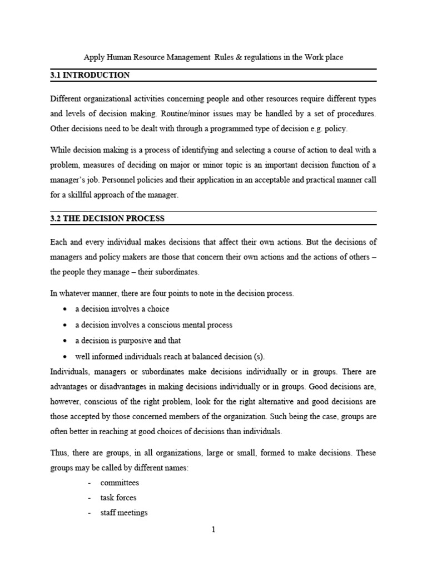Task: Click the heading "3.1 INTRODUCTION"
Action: [x=90, y=75]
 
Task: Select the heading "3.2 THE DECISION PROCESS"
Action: [x=107, y=218]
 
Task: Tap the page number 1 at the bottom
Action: [x=213, y=529]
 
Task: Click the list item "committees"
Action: [x=120, y=483]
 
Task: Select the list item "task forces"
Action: [x=118, y=498]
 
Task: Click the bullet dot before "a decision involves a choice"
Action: [x=66, y=309]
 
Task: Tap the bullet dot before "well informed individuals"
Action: [x=66, y=357]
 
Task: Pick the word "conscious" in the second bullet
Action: [x=157, y=325]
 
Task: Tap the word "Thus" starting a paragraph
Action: [x=59, y=454]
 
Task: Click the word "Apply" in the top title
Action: [x=93, y=57]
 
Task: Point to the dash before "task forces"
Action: [x=90, y=498]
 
